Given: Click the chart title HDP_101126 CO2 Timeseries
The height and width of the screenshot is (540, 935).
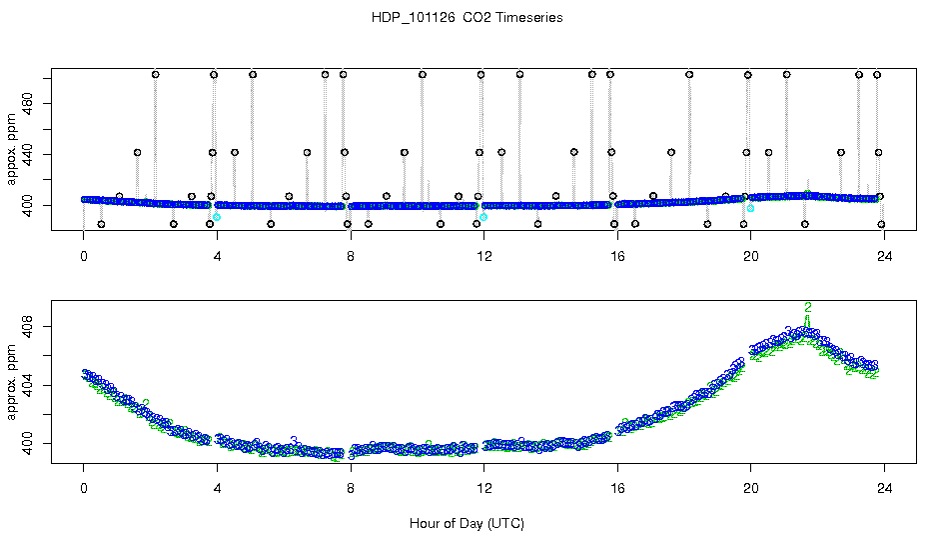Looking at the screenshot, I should coord(467,18).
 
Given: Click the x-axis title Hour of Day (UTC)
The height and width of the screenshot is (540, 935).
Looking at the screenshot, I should coord(467,523).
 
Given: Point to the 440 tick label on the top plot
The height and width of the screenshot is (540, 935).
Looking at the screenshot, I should coord(28,153).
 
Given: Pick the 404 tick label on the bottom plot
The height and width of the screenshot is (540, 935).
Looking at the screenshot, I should coord(28,384).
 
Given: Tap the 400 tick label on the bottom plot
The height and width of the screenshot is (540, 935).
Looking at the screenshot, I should coord(28,442).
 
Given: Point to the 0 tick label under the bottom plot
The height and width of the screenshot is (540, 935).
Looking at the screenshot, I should coord(84,490).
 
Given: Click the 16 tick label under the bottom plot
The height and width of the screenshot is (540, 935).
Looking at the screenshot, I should coord(617,490).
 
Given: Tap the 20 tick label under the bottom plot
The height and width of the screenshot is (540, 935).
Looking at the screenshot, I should coord(750,490).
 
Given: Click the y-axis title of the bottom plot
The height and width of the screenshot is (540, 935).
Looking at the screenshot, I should coord(12,385).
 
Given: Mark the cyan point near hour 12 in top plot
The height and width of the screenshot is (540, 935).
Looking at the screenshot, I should coord(483,217).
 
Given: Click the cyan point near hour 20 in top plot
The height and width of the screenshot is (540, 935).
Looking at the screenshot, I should coord(750,208).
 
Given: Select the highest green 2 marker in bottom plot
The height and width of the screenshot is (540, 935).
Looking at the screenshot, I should coord(808,307).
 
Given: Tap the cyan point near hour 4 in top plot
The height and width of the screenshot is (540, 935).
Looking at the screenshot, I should coord(217,217).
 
